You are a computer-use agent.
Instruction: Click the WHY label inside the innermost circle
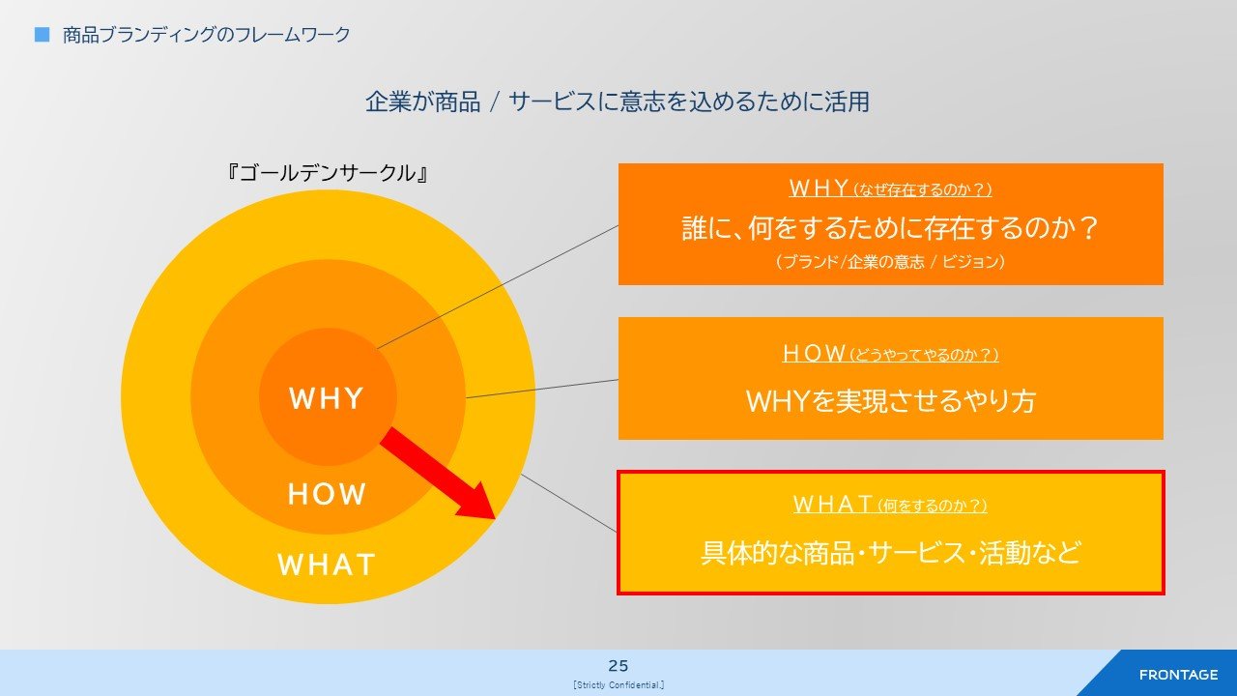327,397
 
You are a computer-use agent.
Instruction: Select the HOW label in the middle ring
327,494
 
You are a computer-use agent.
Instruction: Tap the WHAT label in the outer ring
327,564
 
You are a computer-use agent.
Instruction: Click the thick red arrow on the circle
438,473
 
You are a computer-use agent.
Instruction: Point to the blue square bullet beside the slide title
42,35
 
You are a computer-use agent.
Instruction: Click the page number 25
618,666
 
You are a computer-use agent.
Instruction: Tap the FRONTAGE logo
1178,675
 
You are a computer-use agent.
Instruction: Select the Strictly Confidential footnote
618,685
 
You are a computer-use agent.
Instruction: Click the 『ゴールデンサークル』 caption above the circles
328,173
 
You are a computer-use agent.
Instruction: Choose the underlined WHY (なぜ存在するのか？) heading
890,188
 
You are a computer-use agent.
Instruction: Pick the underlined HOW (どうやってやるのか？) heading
890,353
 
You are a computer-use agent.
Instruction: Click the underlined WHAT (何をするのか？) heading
890,504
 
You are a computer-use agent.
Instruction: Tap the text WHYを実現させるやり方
890,401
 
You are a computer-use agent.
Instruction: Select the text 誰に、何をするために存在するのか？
890,227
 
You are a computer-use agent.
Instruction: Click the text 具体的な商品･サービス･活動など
890,552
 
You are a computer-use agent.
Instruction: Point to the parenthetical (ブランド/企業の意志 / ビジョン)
890,261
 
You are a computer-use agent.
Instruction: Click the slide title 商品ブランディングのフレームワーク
207,35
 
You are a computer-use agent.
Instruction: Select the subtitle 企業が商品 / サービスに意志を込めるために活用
618,101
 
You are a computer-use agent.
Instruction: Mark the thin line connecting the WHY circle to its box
498,287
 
